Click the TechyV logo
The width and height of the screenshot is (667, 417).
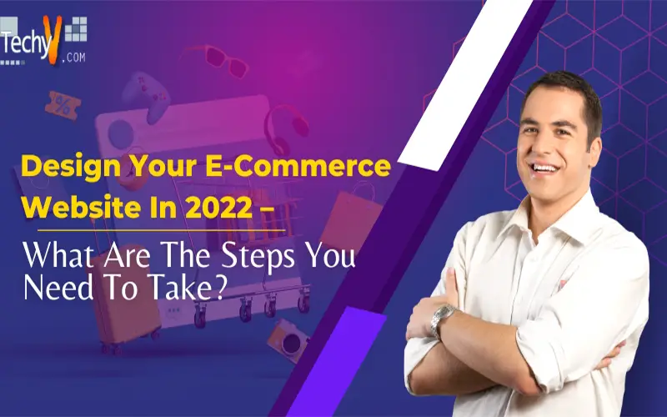coord(43,41)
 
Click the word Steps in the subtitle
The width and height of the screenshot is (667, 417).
coord(258,257)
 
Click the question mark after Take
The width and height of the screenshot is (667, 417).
coord(220,288)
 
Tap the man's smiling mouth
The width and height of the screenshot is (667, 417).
coord(545,168)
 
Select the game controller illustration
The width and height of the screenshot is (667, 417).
coord(146,96)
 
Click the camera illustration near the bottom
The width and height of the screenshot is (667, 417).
coord(288,340)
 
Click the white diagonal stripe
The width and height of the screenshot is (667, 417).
coord(464,85)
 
